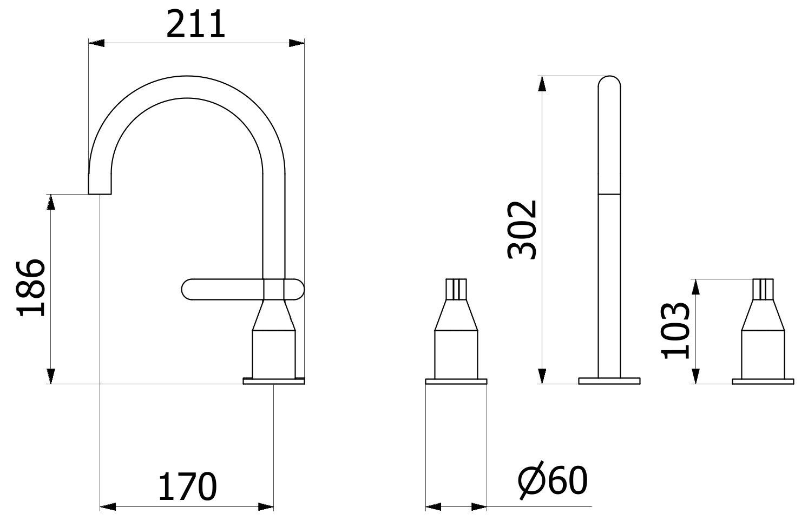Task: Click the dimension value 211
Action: point(195,25)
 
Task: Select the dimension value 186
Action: point(31,288)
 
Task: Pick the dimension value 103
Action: point(676,331)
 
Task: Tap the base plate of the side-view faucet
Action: point(274,381)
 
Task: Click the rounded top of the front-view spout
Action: point(609,82)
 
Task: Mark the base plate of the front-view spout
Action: point(609,381)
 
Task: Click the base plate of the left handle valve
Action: point(456,381)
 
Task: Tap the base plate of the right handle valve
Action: point(763,381)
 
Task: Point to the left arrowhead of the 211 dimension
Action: point(96,43)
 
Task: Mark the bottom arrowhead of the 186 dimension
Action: point(51,376)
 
